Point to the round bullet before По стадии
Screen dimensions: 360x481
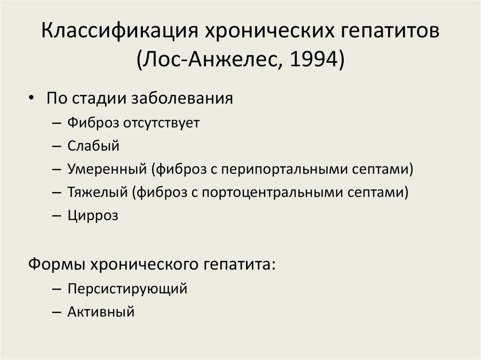tap(31, 100)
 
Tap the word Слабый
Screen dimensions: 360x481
tap(93, 146)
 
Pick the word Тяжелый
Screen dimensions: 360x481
tap(98, 192)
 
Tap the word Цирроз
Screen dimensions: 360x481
tap(93, 215)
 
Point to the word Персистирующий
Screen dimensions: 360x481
tap(127, 288)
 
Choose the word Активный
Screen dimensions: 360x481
tap(101, 311)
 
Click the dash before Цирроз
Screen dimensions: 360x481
tap(57, 216)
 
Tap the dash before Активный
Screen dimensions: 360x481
tap(57, 312)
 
